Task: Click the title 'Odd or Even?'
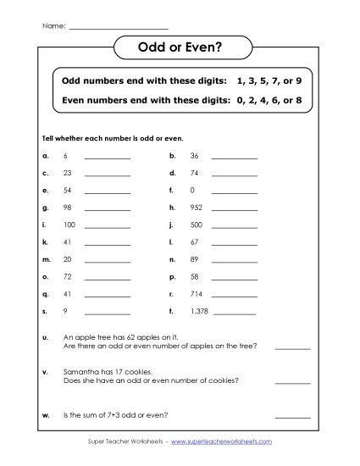pyautogui.click(x=180, y=49)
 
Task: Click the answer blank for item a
pyautogui.click(x=108, y=158)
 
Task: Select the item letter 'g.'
pyautogui.click(x=44, y=207)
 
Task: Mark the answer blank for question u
pyautogui.click(x=292, y=347)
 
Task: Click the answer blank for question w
pyautogui.click(x=292, y=416)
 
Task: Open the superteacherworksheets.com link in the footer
pyautogui.click(x=223, y=442)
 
